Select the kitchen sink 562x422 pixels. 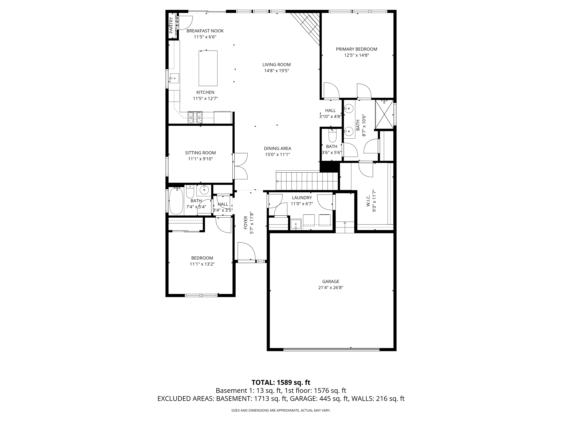tap(174, 78)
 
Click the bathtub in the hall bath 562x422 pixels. tap(176, 201)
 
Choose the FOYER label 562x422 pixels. tap(246, 223)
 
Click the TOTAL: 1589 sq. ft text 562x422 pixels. tap(281, 390)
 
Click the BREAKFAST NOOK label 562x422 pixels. tap(205, 31)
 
